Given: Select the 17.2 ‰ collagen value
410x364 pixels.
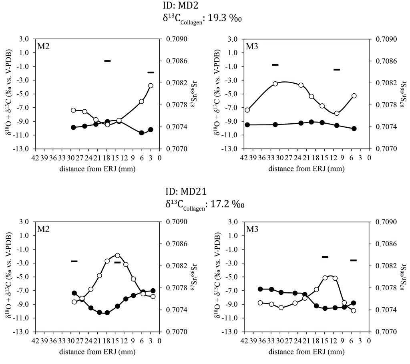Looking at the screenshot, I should point(228,204).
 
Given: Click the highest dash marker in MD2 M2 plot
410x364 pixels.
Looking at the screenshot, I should point(107,61).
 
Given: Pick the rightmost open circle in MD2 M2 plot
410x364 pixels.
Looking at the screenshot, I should point(151,86).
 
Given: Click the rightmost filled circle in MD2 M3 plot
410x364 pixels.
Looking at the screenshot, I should point(354,129).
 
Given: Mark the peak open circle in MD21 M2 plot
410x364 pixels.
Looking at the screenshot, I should point(117,255).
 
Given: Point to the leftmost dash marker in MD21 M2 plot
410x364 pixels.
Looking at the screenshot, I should point(74,261).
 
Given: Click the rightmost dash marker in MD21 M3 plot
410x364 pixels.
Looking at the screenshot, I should point(353,260).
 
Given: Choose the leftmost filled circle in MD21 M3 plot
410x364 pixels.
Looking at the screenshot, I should point(260,289).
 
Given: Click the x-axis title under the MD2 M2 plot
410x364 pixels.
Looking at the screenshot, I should point(97,169).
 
